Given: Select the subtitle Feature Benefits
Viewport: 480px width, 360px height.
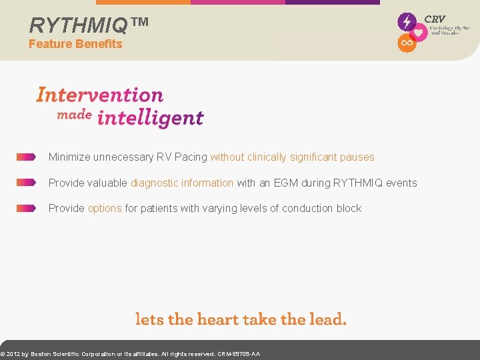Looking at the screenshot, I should [x=75, y=44].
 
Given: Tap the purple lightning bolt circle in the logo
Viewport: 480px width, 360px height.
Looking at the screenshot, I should [x=407, y=21].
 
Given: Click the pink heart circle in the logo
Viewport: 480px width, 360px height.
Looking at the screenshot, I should [x=418, y=33].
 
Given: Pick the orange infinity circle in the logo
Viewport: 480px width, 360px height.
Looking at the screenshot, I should [x=407, y=43].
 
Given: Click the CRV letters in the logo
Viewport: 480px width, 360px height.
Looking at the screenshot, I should [x=435, y=19].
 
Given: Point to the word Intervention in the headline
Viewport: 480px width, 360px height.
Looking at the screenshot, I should [x=99, y=95].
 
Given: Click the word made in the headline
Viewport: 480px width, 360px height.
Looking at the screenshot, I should [x=74, y=115].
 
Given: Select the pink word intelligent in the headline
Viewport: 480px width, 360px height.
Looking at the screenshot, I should [x=150, y=118].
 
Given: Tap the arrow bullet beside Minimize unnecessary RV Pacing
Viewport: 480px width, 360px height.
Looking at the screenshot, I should [x=26, y=157].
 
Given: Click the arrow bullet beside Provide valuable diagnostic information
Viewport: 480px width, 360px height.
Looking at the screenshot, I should [x=26, y=183].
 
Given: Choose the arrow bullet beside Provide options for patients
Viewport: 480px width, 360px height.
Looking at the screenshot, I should [x=26, y=208].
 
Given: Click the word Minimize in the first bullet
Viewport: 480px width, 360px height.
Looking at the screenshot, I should [x=69, y=157].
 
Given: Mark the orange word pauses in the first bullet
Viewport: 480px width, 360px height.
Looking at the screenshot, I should [x=357, y=157].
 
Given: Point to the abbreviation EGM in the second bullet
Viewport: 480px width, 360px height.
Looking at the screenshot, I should [x=286, y=183].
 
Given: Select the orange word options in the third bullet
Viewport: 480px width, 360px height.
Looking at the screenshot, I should [x=105, y=208].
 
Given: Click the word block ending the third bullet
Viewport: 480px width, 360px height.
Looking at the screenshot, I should [x=349, y=208].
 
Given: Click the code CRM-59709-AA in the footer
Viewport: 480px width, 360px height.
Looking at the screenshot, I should [x=239, y=354].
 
